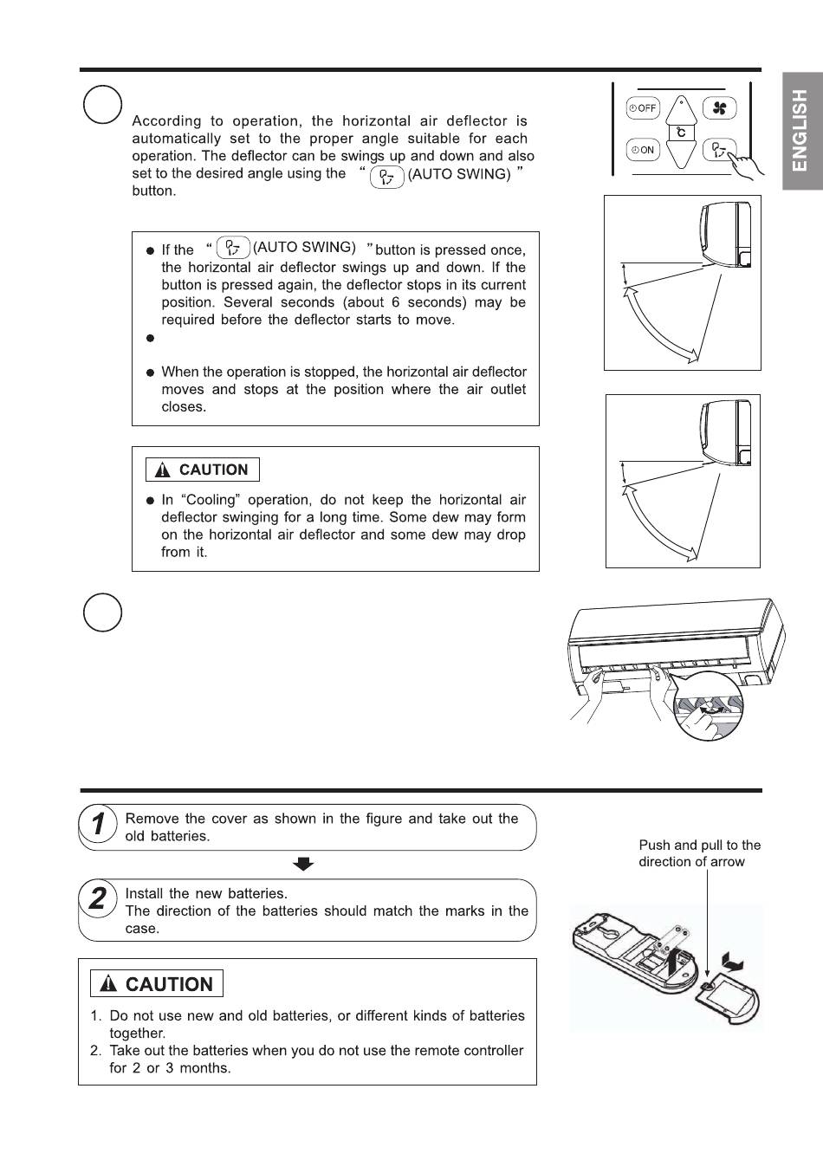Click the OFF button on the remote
pyautogui.click(x=643, y=108)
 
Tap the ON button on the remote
pyautogui.click(x=643, y=150)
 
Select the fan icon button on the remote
pyautogui.click(x=719, y=107)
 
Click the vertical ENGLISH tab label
pyautogui.click(x=800, y=130)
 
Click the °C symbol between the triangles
pyautogui.click(x=681, y=133)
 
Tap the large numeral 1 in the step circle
pyautogui.click(x=98, y=824)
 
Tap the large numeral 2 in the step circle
pyautogui.click(x=97, y=898)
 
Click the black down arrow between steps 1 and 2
pyautogui.click(x=303, y=864)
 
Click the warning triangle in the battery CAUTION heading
pyautogui.click(x=107, y=982)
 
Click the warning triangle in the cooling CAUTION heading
pyautogui.click(x=162, y=470)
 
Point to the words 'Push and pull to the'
pyautogui.click(x=699, y=846)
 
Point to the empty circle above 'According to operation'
pyautogui.click(x=102, y=105)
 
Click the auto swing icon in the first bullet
pyautogui.click(x=233, y=247)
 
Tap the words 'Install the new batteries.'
pyautogui.click(x=206, y=893)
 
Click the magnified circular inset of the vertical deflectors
pyautogui.click(x=708, y=705)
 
